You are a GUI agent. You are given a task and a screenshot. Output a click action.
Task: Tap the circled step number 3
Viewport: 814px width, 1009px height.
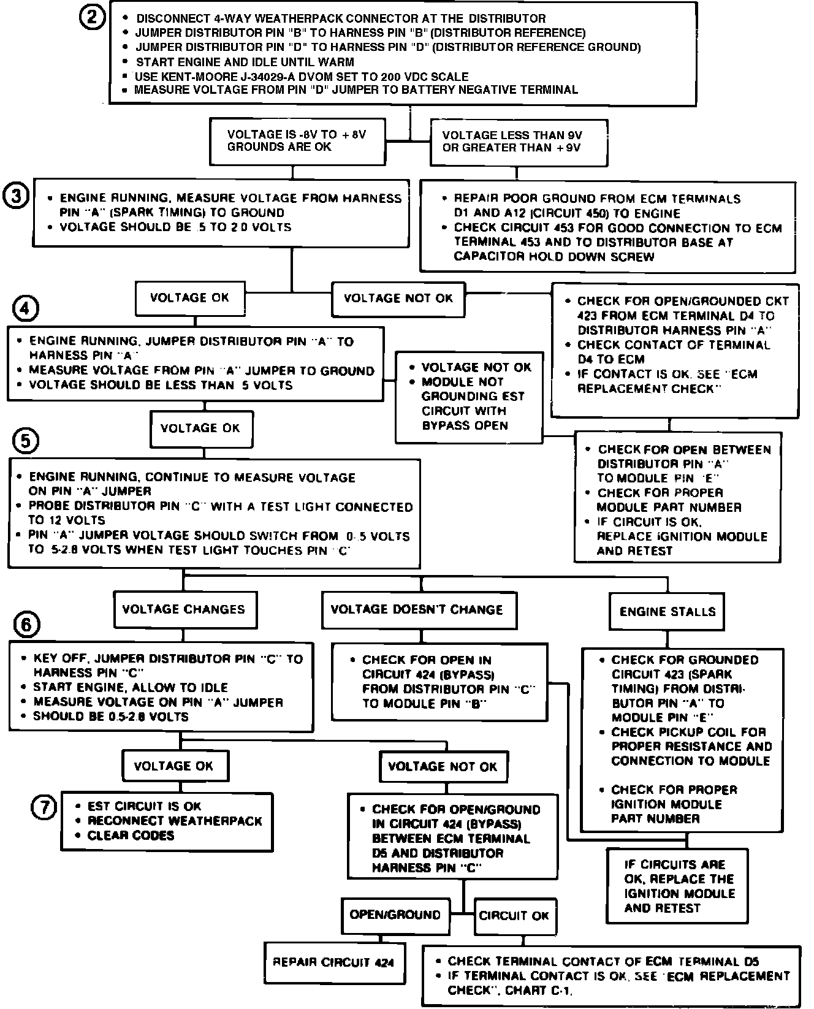click(17, 197)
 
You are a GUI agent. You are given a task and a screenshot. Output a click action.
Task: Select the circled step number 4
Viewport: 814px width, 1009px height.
click(25, 308)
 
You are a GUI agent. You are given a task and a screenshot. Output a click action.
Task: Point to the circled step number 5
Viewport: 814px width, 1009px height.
click(26, 440)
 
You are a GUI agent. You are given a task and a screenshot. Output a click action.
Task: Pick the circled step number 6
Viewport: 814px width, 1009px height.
click(26, 625)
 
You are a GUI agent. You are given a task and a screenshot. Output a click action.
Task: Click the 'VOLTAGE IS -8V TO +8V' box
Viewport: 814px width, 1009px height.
click(297, 142)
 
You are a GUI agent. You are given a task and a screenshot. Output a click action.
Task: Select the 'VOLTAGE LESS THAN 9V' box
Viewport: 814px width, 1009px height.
click(519, 142)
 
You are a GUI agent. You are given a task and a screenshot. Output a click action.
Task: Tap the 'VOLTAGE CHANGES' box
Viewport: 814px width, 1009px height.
click(184, 609)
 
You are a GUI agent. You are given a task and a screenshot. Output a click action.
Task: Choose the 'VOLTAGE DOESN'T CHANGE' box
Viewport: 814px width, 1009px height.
click(419, 609)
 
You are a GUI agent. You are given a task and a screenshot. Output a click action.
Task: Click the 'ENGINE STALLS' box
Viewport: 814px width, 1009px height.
click(667, 611)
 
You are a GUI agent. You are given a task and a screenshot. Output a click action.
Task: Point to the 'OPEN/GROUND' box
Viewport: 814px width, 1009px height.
click(395, 915)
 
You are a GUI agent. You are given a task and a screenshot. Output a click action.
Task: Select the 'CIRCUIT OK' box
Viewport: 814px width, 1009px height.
click(514, 916)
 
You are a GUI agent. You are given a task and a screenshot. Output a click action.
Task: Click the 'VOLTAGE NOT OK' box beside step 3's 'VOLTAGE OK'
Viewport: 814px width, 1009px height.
click(398, 299)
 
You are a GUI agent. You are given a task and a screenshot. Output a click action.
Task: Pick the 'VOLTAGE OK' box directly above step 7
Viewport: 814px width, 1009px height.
click(174, 766)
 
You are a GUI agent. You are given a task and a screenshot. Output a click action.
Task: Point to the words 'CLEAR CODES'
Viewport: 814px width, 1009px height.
click(131, 836)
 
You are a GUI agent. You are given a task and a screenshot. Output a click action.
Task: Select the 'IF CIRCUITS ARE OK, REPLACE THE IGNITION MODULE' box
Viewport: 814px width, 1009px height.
click(677, 886)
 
